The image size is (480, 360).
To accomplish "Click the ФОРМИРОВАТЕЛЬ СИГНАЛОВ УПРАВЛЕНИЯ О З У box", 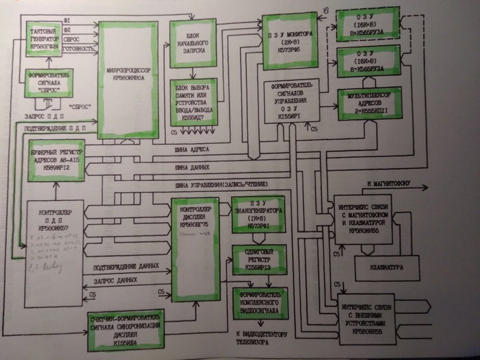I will coord(292,101).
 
